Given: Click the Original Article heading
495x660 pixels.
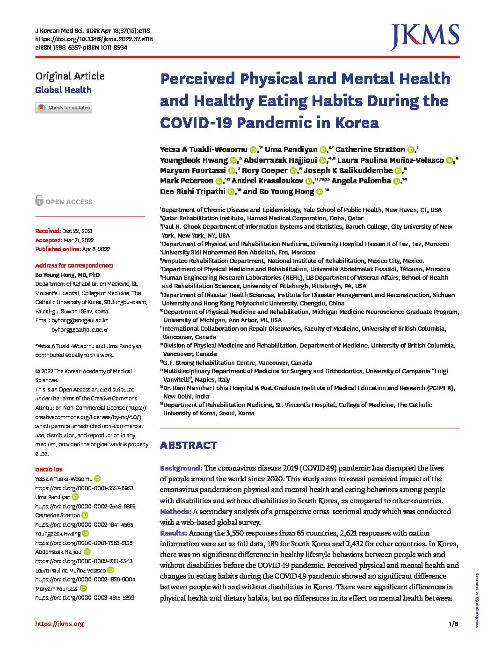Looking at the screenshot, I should point(70,76).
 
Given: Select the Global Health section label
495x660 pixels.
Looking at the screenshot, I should point(63,90).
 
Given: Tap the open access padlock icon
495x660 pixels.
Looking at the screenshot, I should point(39,201).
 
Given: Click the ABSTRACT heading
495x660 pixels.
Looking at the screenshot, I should point(188,445).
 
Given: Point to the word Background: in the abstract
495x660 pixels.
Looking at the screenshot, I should point(181,468).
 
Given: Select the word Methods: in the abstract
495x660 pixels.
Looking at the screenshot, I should point(175,512).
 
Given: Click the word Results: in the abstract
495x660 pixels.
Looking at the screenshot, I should point(173,533).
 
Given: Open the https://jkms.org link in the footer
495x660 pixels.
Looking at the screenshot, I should point(59,624).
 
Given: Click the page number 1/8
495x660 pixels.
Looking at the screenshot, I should point(453,624).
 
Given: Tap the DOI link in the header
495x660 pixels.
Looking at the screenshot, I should point(94,39).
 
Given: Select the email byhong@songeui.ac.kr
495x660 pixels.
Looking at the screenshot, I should point(80,321).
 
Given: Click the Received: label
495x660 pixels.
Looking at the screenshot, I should point(48,231).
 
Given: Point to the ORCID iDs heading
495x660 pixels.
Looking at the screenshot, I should point(49,469).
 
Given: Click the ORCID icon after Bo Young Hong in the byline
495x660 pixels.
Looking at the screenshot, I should point(319,192).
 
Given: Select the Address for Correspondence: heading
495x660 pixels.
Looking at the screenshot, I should point(74,266).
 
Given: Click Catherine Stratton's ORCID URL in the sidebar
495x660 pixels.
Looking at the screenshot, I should point(84,525).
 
